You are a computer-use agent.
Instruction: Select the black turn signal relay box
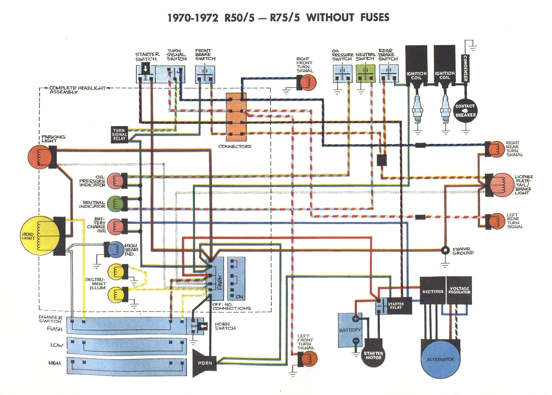[119, 134]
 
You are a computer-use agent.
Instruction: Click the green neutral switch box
[365, 74]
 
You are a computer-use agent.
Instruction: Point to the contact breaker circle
[465, 111]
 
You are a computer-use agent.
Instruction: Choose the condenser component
[465, 68]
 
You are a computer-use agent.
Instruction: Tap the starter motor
[373, 355]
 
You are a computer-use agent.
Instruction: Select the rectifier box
[432, 291]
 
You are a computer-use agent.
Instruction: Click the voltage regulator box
[459, 290]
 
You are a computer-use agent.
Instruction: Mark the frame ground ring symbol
[445, 250]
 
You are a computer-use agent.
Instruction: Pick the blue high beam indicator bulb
[116, 249]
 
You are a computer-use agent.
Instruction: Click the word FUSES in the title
[374, 17]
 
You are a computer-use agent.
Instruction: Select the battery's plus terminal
[355, 319]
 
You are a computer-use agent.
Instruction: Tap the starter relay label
[396, 306]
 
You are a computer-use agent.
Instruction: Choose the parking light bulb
[39, 157]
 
